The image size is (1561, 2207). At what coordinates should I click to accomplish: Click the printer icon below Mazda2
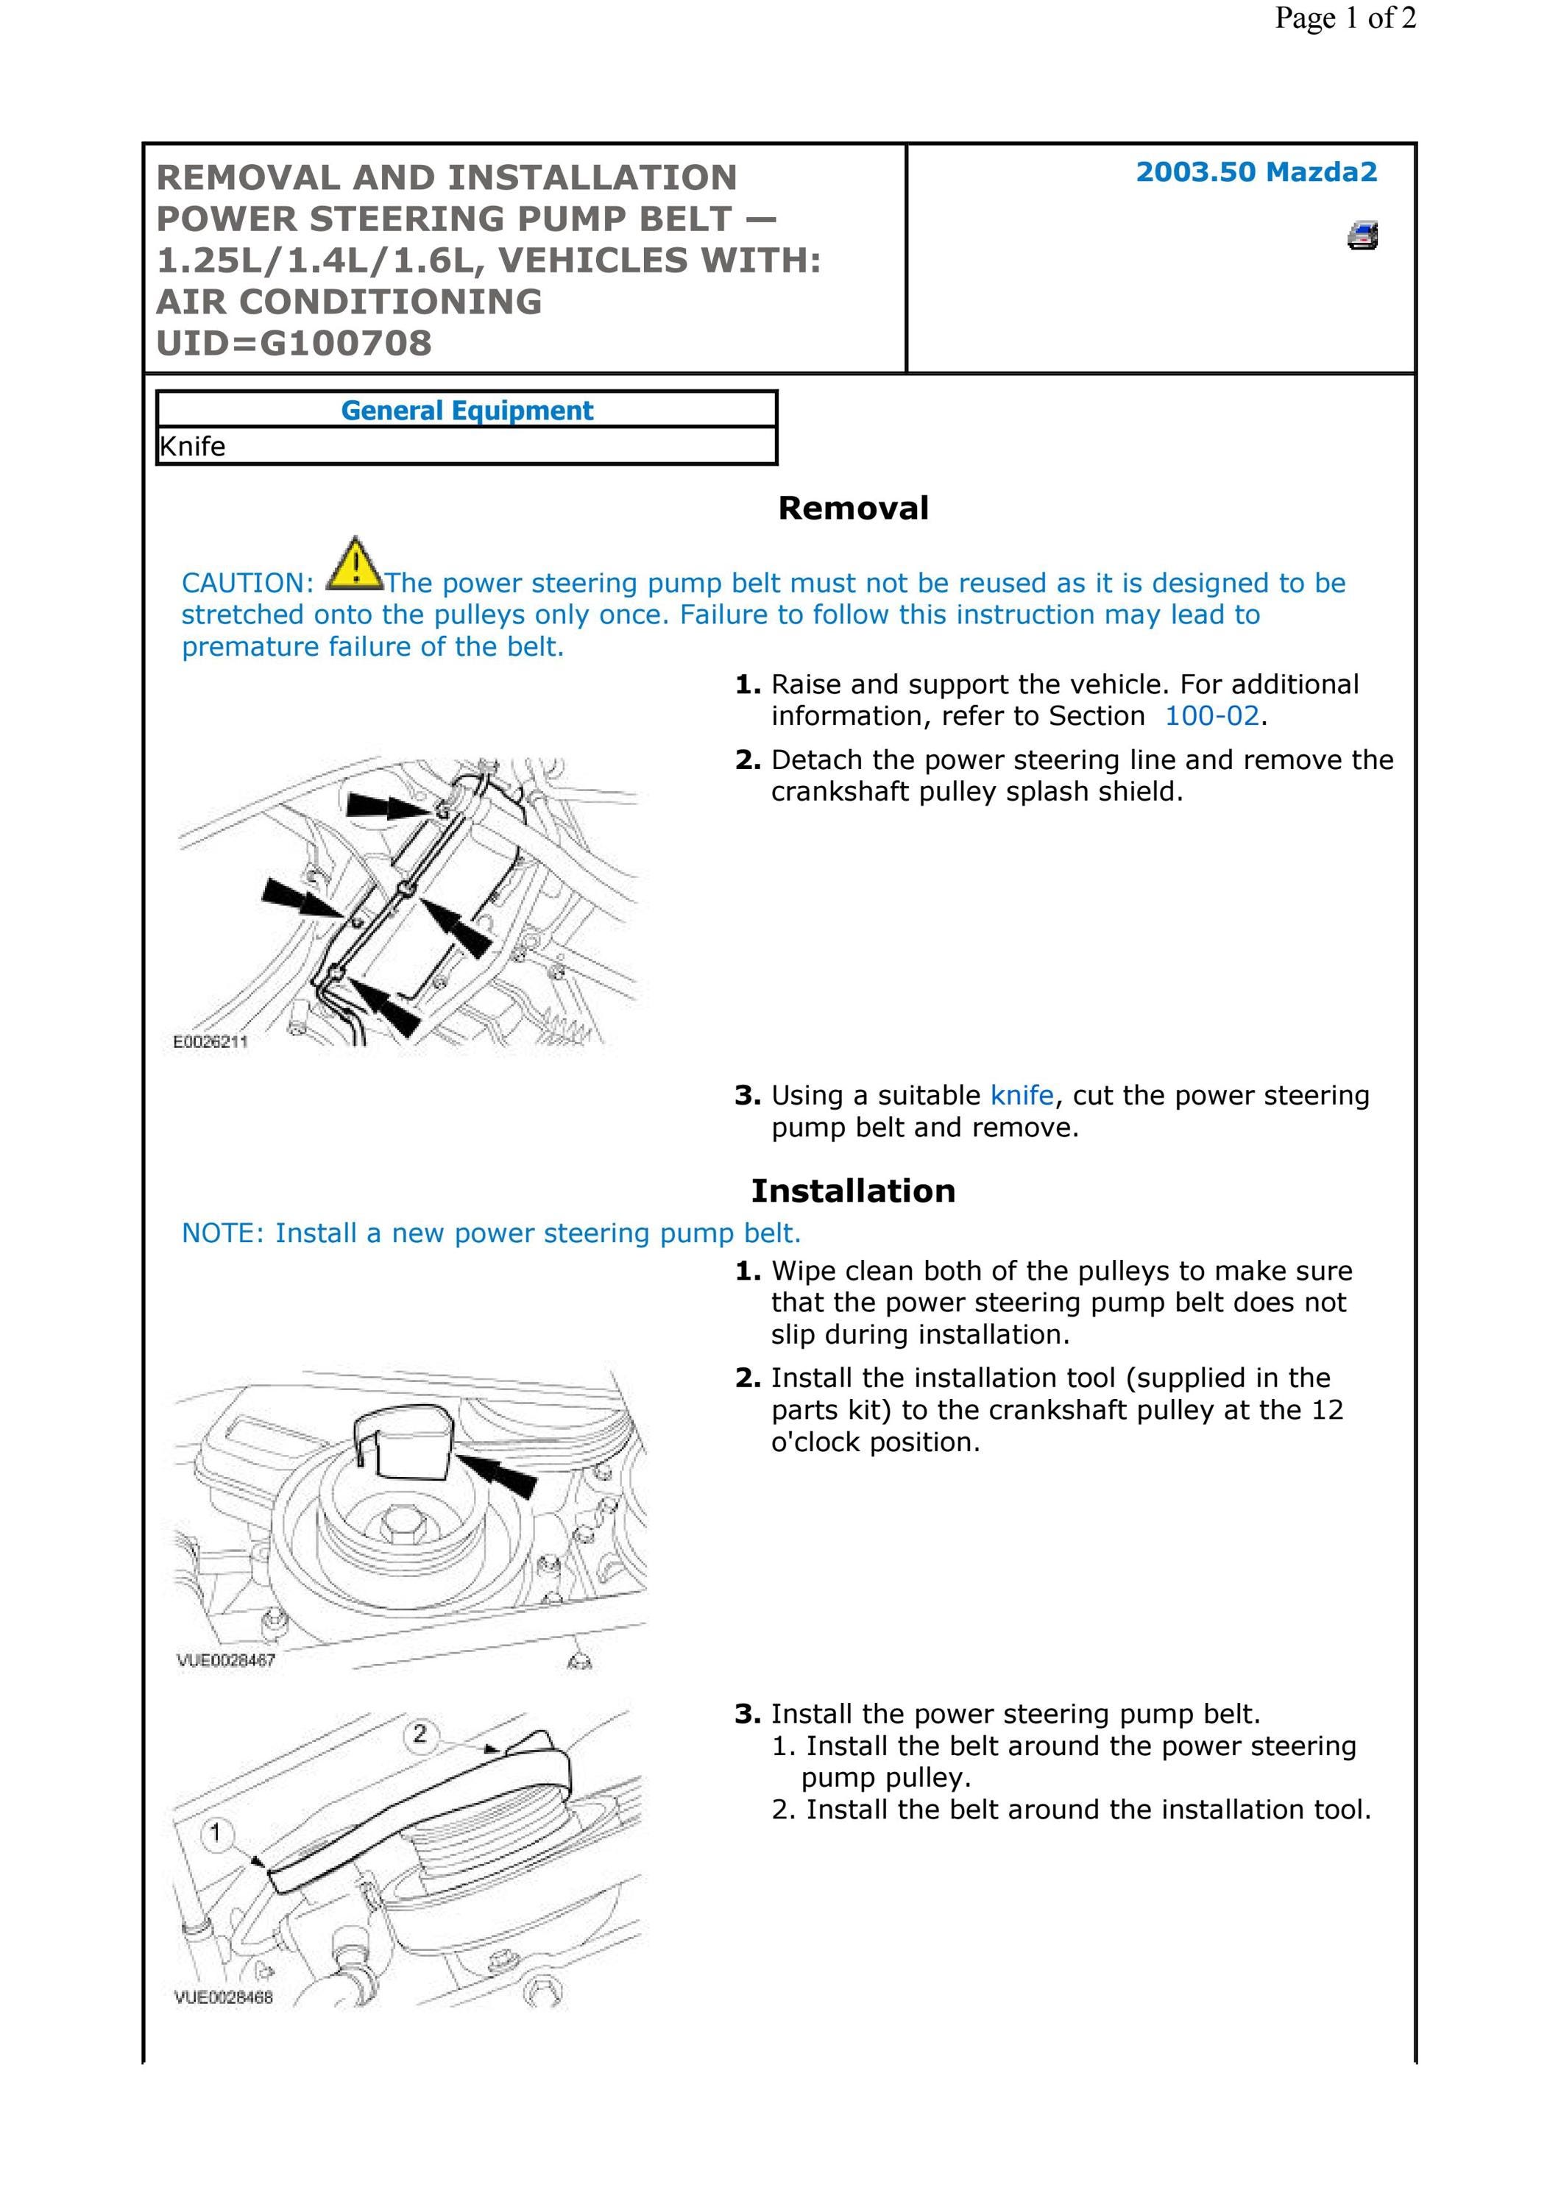pyautogui.click(x=1362, y=235)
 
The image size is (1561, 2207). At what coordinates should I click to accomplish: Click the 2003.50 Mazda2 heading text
pyautogui.click(x=1256, y=172)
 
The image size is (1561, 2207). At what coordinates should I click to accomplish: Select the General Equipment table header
pyautogui.click(x=467, y=411)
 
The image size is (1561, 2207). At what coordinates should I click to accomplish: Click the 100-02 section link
pyautogui.click(x=1211, y=716)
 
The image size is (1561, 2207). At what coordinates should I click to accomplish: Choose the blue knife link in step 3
pyautogui.click(x=1022, y=1096)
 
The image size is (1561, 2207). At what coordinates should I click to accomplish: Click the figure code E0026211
pyautogui.click(x=210, y=1042)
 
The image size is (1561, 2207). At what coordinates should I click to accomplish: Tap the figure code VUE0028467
pyautogui.click(x=226, y=1660)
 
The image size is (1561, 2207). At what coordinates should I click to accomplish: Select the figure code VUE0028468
pyautogui.click(x=223, y=1997)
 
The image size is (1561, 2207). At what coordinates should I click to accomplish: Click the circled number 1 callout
pyautogui.click(x=216, y=1833)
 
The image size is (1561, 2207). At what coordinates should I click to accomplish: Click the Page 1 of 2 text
pyautogui.click(x=1345, y=18)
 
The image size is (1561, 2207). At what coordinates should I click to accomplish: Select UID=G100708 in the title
pyautogui.click(x=294, y=343)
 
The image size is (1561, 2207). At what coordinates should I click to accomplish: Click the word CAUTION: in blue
pyautogui.click(x=248, y=584)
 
